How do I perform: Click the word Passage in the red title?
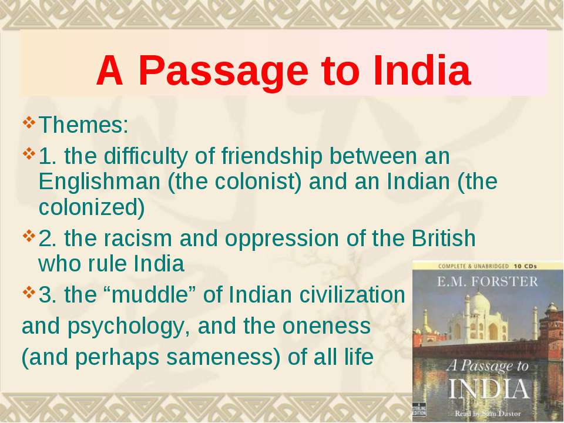tap(223, 72)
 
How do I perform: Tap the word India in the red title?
tap(422, 70)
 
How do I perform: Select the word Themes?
tap(83, 125)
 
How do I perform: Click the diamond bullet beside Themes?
tap(29, 122)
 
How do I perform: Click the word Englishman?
tap(99, 182)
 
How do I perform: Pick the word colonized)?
tap(92, 208)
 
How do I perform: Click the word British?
tap(444, 238)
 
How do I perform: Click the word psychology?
tap(129, 327)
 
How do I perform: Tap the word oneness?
tap(326, 326)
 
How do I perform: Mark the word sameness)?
tap(223, 358)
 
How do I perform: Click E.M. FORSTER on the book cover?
tap(487, 281)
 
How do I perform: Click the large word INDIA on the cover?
tap(488, 389)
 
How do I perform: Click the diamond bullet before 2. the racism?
tap(29, 236)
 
